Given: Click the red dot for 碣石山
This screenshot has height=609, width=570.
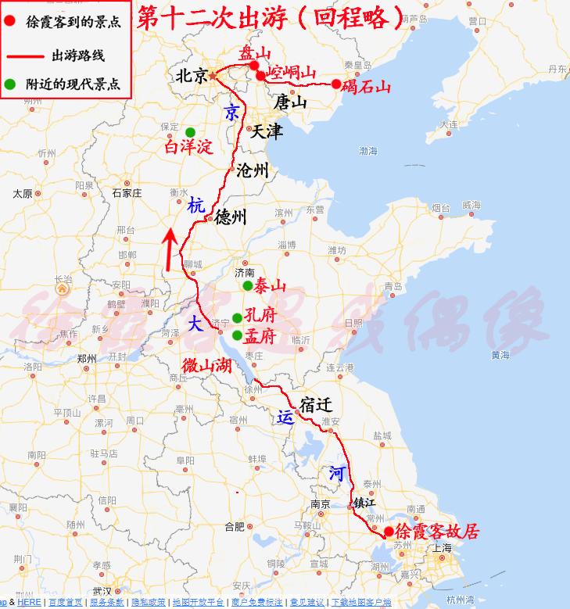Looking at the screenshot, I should (336, 84).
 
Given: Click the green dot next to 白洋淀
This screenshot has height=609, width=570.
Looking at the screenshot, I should (190, 131).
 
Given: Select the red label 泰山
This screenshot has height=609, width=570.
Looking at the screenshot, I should (271, 285).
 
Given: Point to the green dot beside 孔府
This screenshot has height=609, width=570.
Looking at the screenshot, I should (237, 319).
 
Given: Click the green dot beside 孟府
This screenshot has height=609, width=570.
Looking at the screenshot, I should (237, 335).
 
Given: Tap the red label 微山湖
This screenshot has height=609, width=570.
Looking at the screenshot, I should (206, 365).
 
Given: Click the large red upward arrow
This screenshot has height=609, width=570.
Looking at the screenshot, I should (168, 249).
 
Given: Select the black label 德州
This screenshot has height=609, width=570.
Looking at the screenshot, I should (230, 217).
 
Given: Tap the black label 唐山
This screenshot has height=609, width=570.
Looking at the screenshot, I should (290, 102).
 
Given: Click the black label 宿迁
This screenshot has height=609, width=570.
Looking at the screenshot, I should (316, 405).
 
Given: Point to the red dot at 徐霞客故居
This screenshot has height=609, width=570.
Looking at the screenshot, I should (389, 532).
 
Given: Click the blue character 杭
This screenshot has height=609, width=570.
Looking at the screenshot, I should (195, 206).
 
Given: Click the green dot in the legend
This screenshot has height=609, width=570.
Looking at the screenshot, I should (10, 84).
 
